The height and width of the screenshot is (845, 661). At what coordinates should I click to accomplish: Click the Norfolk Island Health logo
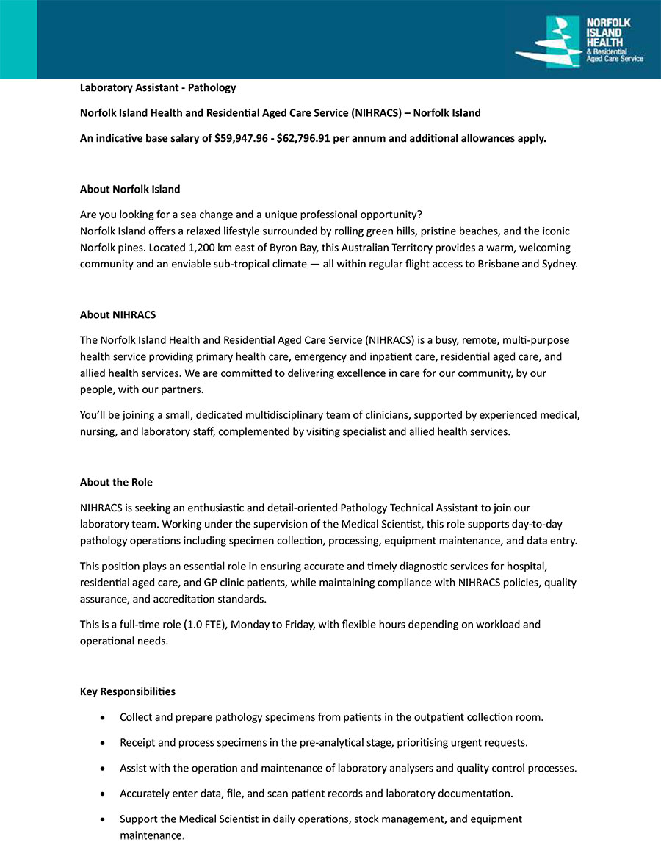pos(579,42)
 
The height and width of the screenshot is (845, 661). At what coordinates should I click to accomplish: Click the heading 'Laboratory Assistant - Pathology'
pos(158,88)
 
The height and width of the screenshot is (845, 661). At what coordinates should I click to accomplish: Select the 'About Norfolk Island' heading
pos(130,190)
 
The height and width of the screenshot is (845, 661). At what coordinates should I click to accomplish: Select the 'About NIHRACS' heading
pos(118,315)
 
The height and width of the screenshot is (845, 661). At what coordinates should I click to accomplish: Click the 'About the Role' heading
pos(116,483)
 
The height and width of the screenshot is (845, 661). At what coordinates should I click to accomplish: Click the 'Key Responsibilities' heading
pos(128,692)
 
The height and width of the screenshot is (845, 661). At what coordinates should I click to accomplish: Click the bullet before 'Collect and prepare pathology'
pos(104,717)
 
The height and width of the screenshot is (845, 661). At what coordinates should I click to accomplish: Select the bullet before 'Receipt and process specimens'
pos(104,743)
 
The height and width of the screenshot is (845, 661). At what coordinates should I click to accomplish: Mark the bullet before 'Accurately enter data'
pos(104,794)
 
